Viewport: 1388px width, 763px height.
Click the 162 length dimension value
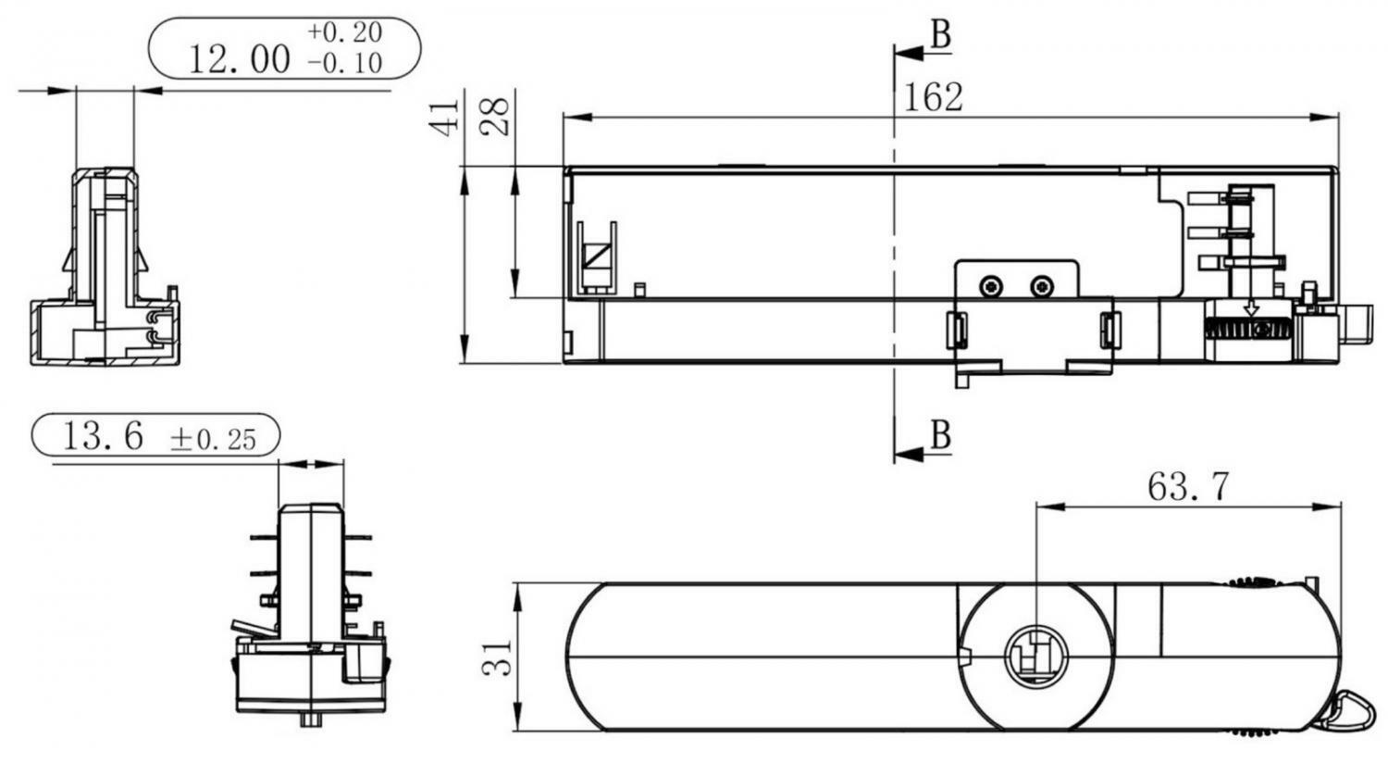point(933,98)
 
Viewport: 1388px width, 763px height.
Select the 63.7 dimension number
point(1187,487)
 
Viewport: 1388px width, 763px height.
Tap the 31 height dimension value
point(497,657)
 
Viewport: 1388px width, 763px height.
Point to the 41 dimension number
point(444,117)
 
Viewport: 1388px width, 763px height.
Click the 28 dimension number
point(495,117)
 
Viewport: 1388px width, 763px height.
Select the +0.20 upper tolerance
point(344,32)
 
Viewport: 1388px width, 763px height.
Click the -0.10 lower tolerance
point(344,63)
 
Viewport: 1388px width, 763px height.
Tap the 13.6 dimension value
point(103,435)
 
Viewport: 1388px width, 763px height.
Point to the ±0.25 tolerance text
point(213,439)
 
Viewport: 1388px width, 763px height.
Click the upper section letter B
point(941,34)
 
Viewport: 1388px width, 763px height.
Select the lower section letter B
point(941,435)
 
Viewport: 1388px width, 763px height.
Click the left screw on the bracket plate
point(991,286)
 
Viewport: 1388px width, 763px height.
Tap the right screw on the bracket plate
point(1042,286)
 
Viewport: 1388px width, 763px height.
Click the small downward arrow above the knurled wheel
point(1252,307)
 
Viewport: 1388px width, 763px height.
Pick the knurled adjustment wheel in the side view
point(1247,329)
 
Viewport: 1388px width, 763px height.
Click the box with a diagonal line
point(598,256)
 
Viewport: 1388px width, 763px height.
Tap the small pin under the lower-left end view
point(310,719)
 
